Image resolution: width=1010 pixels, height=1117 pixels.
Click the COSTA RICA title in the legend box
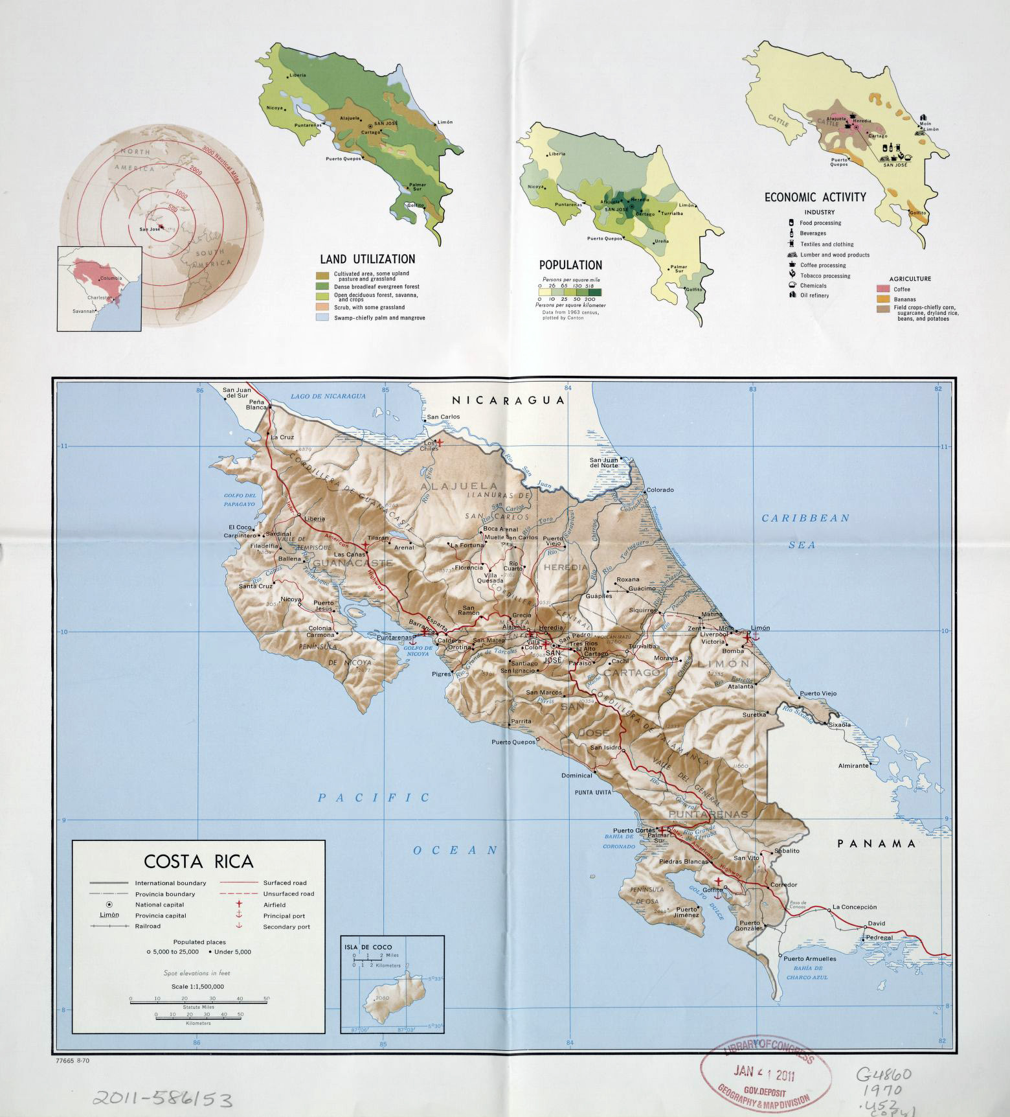tap(198, 861)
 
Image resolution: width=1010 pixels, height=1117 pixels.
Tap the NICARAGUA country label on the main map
tap(508, 400)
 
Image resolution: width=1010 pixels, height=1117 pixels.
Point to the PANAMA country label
tap(877, 843)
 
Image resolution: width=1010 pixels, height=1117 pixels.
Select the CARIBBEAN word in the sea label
tap(805, 518)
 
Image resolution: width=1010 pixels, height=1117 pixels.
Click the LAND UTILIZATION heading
tap(367, 259)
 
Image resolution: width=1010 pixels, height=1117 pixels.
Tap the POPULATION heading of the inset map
tap(570, 265)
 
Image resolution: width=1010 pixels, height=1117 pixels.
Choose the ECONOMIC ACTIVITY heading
tap(814, 197)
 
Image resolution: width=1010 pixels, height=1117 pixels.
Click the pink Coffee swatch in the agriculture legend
tap(883, 289)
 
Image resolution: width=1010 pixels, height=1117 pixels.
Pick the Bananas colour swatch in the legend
tap(883, 299)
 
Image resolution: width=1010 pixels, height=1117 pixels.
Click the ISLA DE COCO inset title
tap(368, 946)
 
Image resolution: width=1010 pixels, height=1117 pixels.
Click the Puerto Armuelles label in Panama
tap(809, 958)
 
